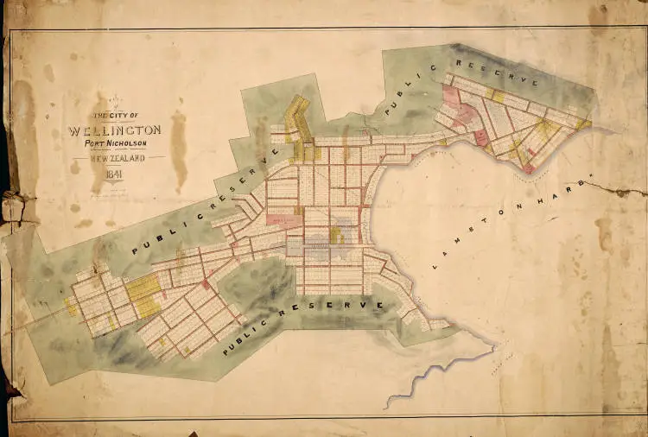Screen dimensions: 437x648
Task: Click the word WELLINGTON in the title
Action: click(x=113, y=131)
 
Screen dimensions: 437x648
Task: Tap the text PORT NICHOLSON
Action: click(x=114, y=143)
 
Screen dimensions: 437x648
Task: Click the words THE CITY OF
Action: click(x=115, y=116)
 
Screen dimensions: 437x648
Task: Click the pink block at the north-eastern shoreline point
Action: click(x=528, y=169)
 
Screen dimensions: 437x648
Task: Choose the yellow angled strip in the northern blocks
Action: click(x=299, y=117)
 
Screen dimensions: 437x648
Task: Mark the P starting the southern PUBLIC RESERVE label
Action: click(x=226, y=351)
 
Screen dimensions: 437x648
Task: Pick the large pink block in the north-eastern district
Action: click(x=461, y=113)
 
